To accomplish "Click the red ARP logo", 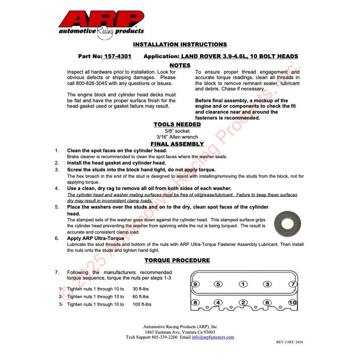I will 101,22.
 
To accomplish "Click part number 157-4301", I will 117,56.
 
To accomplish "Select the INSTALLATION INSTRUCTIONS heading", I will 180,45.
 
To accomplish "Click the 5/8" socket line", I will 180,131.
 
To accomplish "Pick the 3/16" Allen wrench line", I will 180,137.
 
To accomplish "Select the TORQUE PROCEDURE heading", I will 177,260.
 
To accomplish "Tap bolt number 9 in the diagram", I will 195,284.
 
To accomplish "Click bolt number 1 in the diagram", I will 243,284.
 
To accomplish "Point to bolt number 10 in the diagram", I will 293,302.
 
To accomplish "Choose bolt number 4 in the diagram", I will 218,302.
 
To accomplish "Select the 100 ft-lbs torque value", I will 142,305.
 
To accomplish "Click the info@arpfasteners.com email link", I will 213,337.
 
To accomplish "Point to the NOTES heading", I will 180,65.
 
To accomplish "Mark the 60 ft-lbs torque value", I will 140,297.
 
